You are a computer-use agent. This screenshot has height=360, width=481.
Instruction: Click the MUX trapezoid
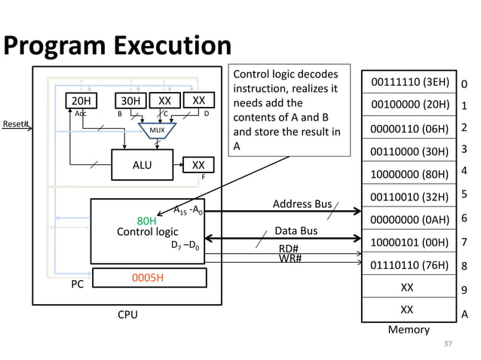156,130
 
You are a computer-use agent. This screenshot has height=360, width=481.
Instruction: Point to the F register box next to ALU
198,164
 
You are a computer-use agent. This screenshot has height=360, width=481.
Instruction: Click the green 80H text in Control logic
146,221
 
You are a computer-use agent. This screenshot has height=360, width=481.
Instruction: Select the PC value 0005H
149,278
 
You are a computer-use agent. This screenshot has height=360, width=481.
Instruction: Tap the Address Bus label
302,204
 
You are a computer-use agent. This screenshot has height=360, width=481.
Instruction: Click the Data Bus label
296,231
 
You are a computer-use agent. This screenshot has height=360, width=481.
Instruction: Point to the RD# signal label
289,249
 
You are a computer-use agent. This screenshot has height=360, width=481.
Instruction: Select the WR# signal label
290,259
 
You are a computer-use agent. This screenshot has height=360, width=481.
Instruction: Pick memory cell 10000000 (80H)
406,172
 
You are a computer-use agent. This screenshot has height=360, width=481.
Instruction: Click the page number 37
448,344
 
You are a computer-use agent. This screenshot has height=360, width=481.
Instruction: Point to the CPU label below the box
127,314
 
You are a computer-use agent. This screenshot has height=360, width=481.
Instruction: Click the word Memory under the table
408,329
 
